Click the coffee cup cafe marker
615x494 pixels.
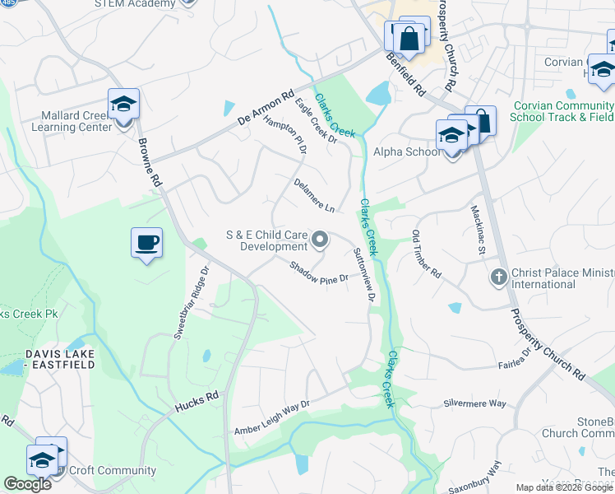pos(146,243)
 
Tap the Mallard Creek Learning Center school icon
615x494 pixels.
pos(123,104)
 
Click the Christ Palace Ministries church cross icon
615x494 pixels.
pos(498,277)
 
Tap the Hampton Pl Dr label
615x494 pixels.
pos(284,134)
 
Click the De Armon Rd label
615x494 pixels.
pos(266,109)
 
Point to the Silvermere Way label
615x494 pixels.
pos(474,403)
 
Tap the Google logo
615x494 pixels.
pos(27,484)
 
